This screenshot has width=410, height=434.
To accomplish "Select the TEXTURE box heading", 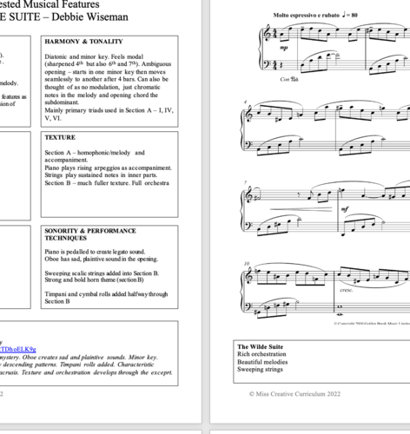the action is pyautogui.click(x=60, y=137).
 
